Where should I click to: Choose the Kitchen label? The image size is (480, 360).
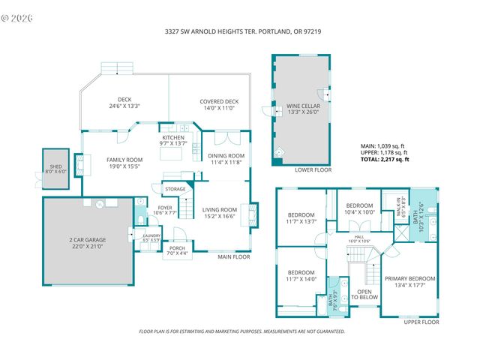[173, 140]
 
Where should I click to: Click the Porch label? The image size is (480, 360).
[177, 250]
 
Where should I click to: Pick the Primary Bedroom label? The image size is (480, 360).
[409, 281]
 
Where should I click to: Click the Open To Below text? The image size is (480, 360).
[365, 294]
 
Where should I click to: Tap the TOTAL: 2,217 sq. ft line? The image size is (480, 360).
[385, 160]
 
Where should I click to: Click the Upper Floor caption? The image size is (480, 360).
[420, 322]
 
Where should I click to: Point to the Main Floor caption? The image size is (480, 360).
[234, 257]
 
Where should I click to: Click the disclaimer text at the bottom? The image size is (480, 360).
[242, 331]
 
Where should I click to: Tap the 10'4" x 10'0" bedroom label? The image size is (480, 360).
[359, 208]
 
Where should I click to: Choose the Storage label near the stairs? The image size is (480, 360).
[175, 189]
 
